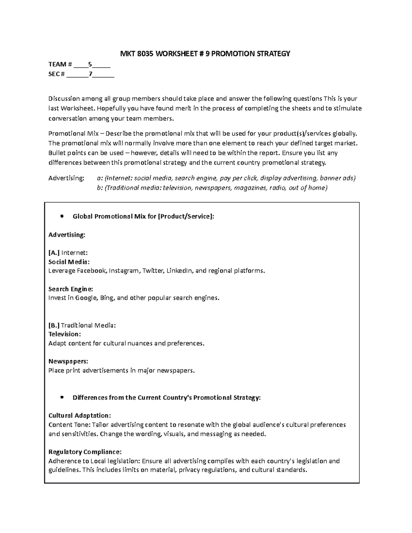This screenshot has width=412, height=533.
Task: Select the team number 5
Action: tap(90, 64)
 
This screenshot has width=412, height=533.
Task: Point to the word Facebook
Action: tap(92, 271)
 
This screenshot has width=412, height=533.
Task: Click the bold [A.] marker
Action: tap(54, 253)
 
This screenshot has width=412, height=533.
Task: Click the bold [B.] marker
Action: tap(54, 325)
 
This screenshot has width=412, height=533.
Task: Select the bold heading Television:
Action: tap(65, 334)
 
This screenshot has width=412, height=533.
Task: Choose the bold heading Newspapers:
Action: tap(68, 361)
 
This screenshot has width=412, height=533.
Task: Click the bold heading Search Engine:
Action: tap(71, 289)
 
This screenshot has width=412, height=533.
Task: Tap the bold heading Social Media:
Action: tap(69, 262)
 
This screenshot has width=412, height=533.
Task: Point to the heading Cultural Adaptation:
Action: tap(80, 416)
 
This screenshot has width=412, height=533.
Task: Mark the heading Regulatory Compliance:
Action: tap(85, 452)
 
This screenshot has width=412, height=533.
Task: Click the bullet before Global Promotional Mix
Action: tap(62, 216)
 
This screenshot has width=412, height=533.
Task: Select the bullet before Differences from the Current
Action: tap(62, 397)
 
